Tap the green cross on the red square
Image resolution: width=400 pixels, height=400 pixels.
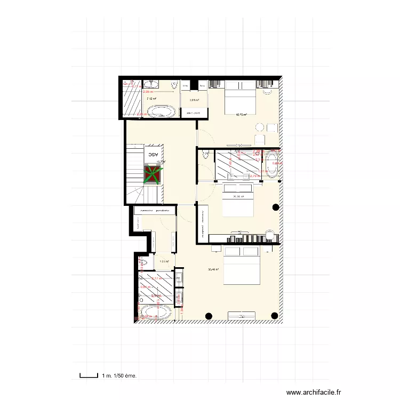(153, 174)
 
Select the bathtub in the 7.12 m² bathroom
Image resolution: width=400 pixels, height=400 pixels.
(161, 111)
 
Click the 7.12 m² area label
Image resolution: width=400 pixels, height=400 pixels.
(151, 99)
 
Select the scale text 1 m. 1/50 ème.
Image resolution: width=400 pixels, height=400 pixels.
(119, 376)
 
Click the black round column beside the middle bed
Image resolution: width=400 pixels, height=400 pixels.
(276, 207)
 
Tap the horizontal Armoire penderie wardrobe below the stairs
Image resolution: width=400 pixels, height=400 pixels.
(154, 211)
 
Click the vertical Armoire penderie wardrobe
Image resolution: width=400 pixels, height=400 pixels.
(203, 223)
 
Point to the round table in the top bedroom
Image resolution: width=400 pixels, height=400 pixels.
(260, 127)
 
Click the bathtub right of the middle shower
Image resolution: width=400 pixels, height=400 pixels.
(273, 165)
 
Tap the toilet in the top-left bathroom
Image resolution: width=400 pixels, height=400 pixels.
(174, 86)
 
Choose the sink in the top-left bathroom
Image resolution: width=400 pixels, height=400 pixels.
(153, 84)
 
